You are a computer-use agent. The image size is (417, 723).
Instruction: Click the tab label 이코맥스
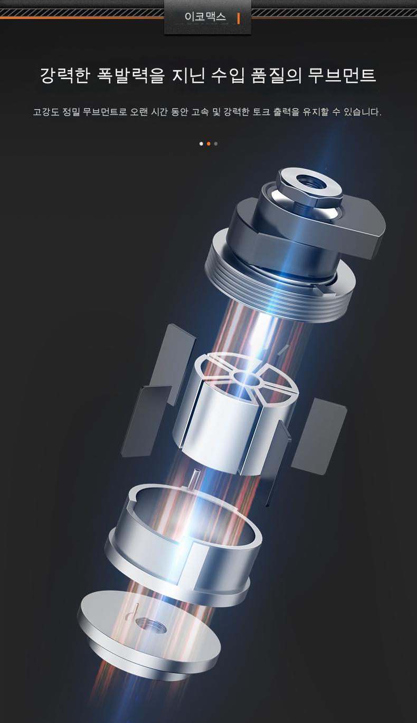pyautogui.click(x=205, y=17)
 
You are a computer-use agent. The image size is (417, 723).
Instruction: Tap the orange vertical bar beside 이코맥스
pyautogui.click(x=239, y=18)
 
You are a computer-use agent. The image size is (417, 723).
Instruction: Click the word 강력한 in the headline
pyautogui.click(x=64, y=75)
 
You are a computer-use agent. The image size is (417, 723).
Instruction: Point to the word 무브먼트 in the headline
pyautogui.click(x=342, y=75)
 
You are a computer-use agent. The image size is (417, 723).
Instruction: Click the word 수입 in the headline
pyautogui.click(x=228, y=75)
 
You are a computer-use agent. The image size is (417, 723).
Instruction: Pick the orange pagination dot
pyautogui.click(x=209, y=143)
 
